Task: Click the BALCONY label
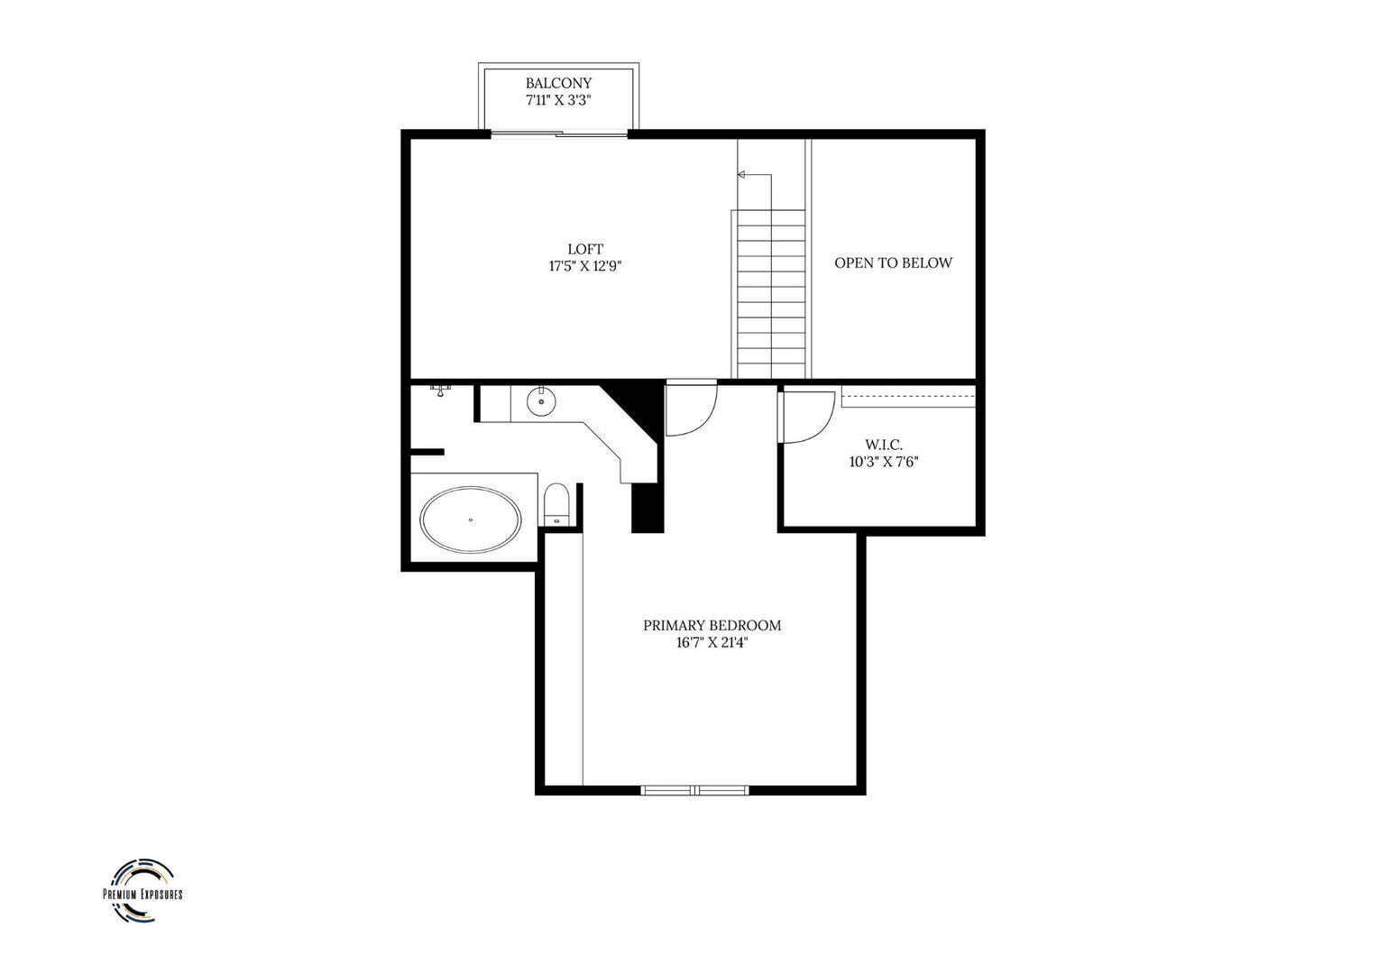[558, 83]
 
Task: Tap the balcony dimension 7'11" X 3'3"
[558, 100]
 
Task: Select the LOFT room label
[585, 249]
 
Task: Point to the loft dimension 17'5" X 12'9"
[585, 266]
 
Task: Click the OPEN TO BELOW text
[893, 262]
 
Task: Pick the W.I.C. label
[884, 445]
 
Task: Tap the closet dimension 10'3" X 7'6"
[884, 462]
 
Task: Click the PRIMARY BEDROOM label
[712, 626]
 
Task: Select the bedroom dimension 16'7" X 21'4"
[712, 643]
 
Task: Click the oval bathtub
[471, 520]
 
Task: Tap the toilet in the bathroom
[556, 504]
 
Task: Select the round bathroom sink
[541, 401]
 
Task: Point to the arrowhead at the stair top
[741, 175]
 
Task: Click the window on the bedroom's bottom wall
[694, 790]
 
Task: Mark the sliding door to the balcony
[558, 133]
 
